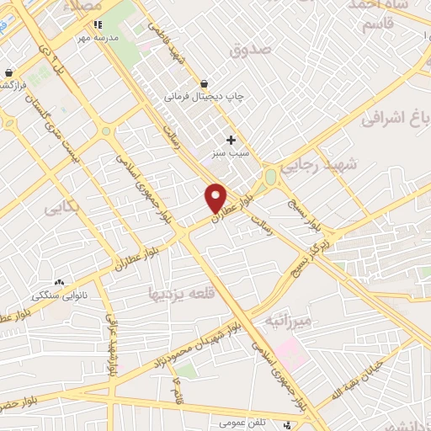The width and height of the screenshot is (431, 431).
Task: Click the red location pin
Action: (x=216, y=197)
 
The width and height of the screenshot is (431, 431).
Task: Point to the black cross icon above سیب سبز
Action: (x=231, y=139)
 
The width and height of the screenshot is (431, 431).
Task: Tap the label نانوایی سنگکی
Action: (x=53, y=296)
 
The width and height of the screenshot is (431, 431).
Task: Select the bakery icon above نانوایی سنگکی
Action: (x=59, y=283)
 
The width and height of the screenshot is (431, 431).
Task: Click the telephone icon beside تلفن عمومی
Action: (x=290, y=423)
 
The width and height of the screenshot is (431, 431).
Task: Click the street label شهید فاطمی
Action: (x=166, y=42)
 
